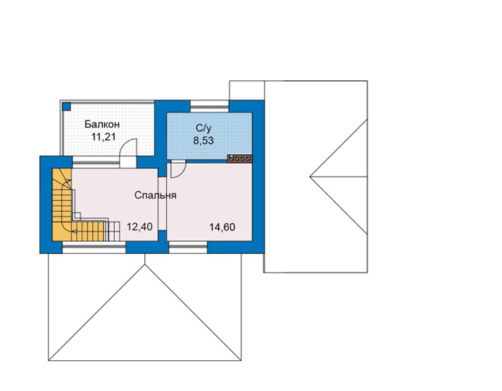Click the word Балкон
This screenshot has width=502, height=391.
pyautogui.click(x=102, y=124)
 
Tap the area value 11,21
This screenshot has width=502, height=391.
pyautogui.click(x=103, y=137)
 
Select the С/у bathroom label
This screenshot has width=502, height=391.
pyautogui.click(x=204, y=128)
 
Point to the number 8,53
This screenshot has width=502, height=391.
pyautogui.click(x=203, y=141)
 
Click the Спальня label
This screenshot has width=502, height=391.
pyautogui.click(x=156, y=195)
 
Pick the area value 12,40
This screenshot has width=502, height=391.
pyautogui.click(x=140, y=227)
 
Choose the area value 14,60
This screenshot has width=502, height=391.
pyautogui.click(x=222, y=227)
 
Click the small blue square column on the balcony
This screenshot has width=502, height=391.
pyautogui.click(x=66, y=106)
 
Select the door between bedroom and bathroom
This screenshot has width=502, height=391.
pyautogui.click(x=178, y=170)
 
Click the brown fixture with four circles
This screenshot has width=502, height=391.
pyautogui.click(x=240, y=158)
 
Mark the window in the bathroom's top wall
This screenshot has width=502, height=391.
pyautogui.click(x=209, y=106)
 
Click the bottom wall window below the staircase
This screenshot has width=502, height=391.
pyautogui.click(x=94, y=248)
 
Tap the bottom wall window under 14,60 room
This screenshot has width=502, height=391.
pyautogui.click(x=188, y=248)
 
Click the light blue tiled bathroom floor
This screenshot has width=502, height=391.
pyautogui.click(x=209, y=136)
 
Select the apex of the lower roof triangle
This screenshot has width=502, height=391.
pyautogui.click(x=145, y=265)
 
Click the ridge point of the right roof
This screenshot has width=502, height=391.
pyautogui.click(x=310, y=176)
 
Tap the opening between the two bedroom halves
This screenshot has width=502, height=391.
pyautogui.click(x=162, y=203)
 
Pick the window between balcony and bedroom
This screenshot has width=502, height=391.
pyautogui.click(x=95, y=162)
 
